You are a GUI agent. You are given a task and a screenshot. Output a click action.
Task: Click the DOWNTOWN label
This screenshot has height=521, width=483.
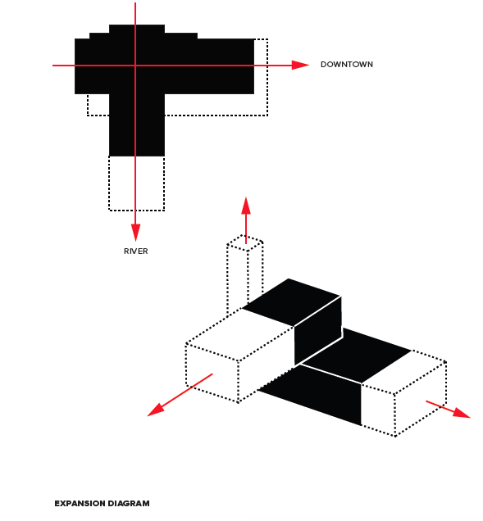click(x=347, y=65)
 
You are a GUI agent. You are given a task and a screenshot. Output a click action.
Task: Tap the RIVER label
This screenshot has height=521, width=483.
click(x=136, y=251)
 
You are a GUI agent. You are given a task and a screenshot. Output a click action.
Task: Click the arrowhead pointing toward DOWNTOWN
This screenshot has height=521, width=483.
click(x=300, y=65)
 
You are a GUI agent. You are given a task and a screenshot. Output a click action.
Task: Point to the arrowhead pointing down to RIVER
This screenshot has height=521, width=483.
click(x=135, y=233)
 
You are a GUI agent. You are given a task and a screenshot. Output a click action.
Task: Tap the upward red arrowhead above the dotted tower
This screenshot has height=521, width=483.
click(x=246, y=206)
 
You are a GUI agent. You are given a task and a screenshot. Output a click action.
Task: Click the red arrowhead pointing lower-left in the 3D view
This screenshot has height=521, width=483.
click(x=156, y=410)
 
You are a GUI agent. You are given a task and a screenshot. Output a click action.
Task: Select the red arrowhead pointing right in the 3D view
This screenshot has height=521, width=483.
click(x=462, y=413)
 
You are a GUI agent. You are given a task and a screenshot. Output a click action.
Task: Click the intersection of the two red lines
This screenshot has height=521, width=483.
click(x=135, y=66)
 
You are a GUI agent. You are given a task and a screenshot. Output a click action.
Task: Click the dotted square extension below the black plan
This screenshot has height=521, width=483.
click(x=136, y=183)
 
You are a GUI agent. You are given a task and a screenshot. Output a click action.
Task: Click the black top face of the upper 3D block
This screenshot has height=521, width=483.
click(x=291, y=302)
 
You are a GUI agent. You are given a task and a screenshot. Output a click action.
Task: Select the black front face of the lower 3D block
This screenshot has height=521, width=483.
click(x=310, y=395)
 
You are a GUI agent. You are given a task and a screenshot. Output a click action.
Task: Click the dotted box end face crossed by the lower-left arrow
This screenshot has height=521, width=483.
click(x=212, y=373)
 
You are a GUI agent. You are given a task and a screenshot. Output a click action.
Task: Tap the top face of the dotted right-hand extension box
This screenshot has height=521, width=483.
click(x=403, y=372)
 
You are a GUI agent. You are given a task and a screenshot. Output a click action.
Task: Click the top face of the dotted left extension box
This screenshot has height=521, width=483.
click(x=239, y=334)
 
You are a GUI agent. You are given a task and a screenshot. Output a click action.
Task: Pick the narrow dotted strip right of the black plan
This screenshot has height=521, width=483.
click(x=261, y=77)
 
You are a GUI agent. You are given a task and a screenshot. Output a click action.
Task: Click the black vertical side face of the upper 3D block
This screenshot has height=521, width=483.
click(x=318, y=331)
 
